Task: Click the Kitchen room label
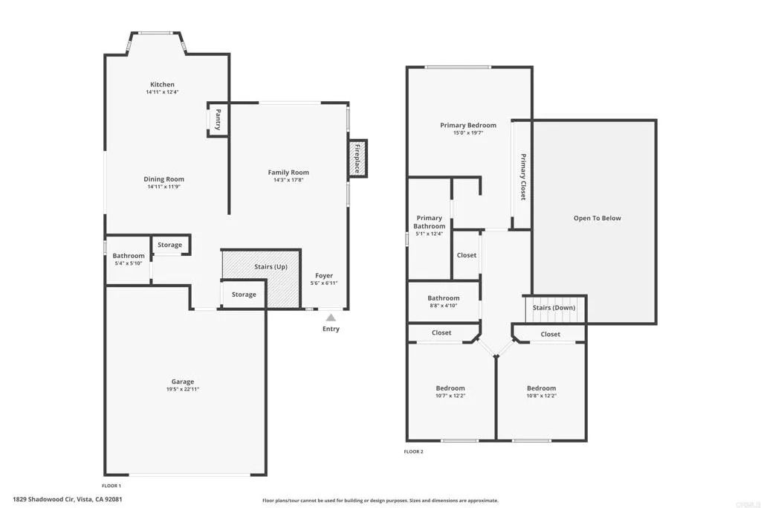pos(162,85)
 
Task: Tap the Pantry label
pos(218,120)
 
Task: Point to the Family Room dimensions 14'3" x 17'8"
pos(288,180)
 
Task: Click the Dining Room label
pos(163,179)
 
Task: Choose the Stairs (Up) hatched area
pos(271,267)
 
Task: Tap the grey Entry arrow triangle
pos(331,318)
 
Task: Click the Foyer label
pos(324,275)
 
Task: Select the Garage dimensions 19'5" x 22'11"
pos(183,389)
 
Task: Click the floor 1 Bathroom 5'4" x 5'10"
pos(129,260)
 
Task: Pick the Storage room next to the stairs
pos(244,295)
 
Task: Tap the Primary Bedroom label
pos(467,126)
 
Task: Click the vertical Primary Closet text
pos(522,177)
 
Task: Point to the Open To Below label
pos(597,218)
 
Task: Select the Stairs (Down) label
pos(554,307)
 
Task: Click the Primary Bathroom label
pos(430,222)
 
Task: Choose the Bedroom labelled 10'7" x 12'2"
pos(450,392)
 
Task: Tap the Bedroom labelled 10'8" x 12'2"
pos(541,392)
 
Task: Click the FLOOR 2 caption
pos(413,451)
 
